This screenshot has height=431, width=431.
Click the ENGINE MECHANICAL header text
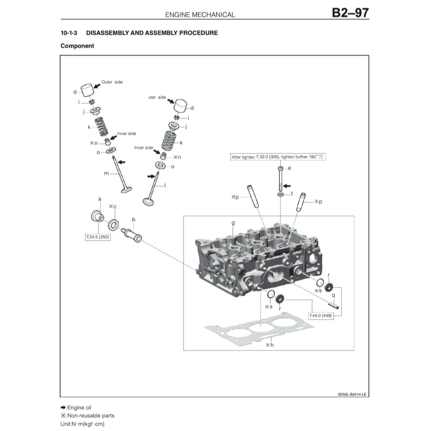pyautogui.click(x=200, y=14)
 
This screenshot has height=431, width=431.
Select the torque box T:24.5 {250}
pyautogui.click(x=98, y=237)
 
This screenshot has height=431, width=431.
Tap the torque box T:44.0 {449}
pyautogui.click(x=321, y=315)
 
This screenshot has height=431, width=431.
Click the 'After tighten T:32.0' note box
pyautogui.click(x=279, y=157)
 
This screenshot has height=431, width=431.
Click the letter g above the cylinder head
pyautogui.click(x=233, y=223)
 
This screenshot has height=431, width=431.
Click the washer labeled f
pyautogui.click(x=280, y=194)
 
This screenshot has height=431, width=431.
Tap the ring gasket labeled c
pyautogui.click(x=113, y=224)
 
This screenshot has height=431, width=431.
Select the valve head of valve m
pyautogui.click(x=127, y=190)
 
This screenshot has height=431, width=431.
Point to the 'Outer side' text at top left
pyautogui.click(x=112, y=82)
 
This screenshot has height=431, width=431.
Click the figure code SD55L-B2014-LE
pyautogui.click(x=352, y=394)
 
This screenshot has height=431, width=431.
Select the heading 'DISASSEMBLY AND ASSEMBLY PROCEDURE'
pyautogui.click(x=152, y=32)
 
